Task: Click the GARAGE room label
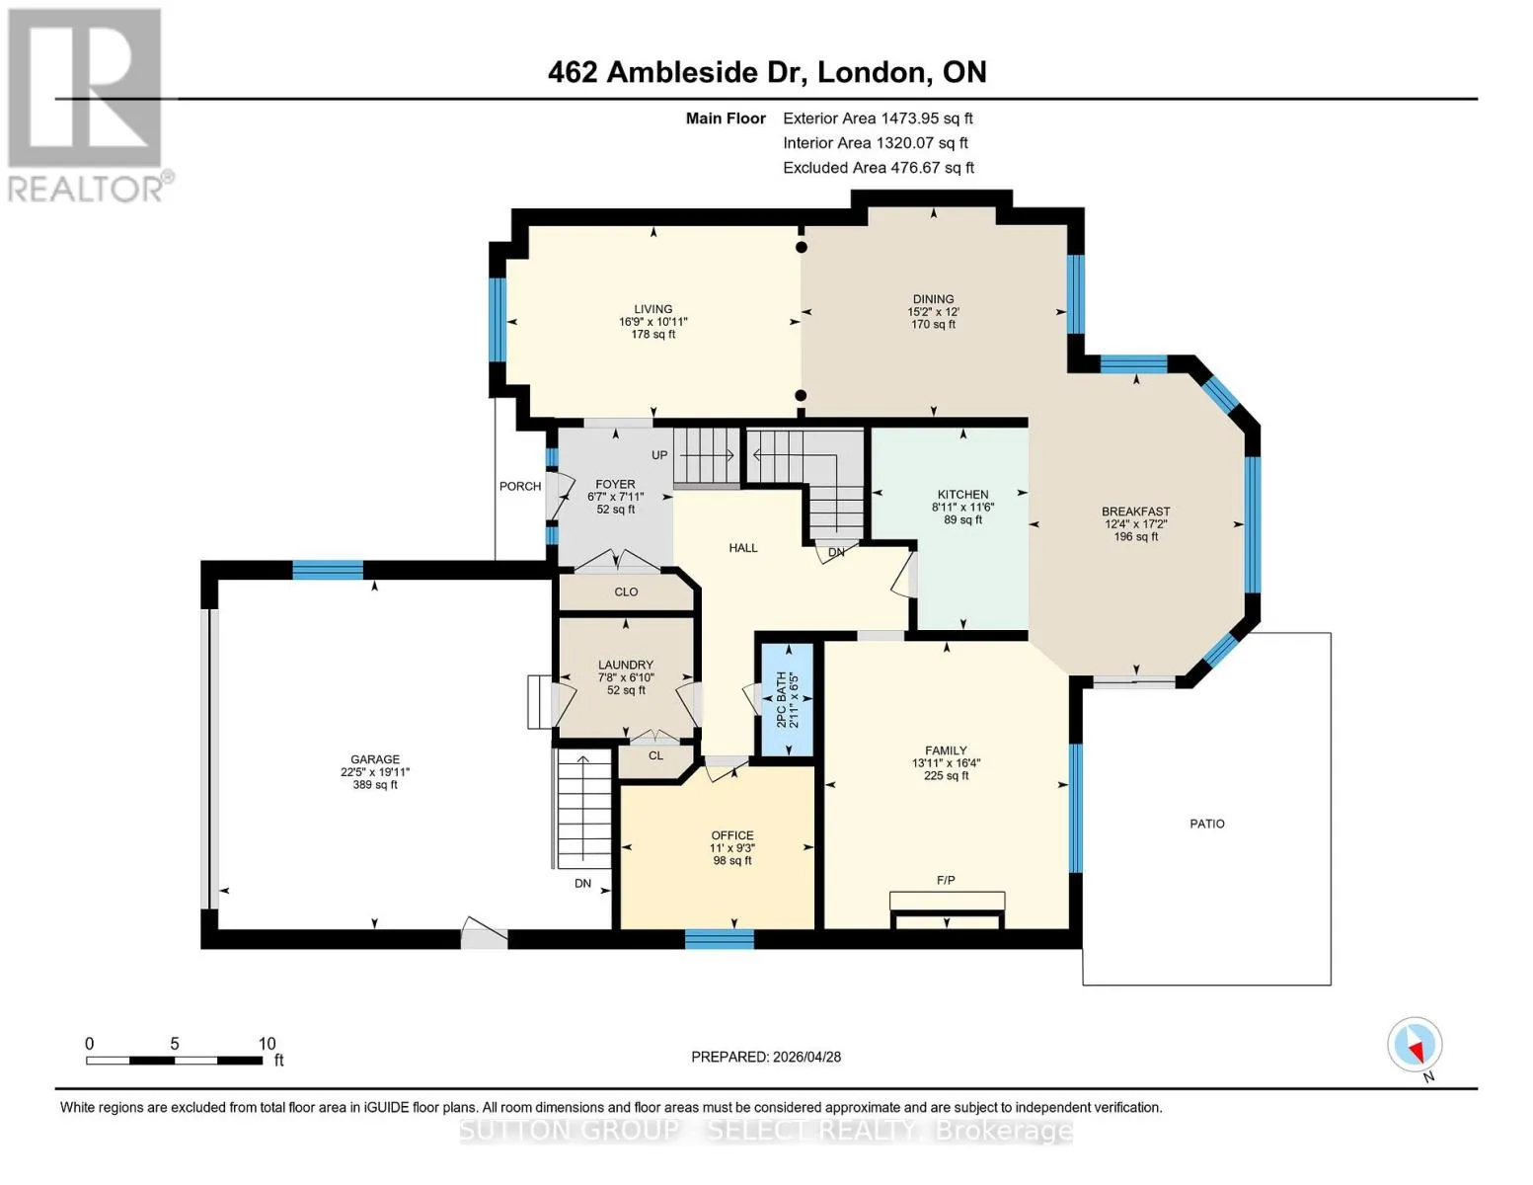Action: click(x=374, y=759)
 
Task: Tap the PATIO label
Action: click(x=1207, y=824)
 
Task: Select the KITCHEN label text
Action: click(x=963, y=494)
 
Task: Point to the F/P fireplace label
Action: click(x=946, y=880)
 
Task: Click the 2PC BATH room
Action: click(x=788, y=699)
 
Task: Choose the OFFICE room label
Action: click(x=732, y=835)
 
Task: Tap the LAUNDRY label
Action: click(x=626, y=665)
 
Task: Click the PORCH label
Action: click(x=520, y=486)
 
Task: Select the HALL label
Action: click(x=743, y=548)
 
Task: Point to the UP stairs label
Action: click(x=659, y=455)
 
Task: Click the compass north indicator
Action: click(x=1416, y=1045)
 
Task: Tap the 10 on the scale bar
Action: click(x=267, y=1044)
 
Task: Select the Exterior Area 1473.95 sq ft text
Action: click(x=878, y=118)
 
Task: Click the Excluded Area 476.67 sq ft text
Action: click(x=879, y=168)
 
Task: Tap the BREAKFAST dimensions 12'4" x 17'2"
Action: click(x=1136, y=524)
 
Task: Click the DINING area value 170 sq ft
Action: click(x=934, y=325)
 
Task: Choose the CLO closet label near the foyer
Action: click(x=626, y=592)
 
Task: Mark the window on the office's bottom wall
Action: click(x=720, y=939)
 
